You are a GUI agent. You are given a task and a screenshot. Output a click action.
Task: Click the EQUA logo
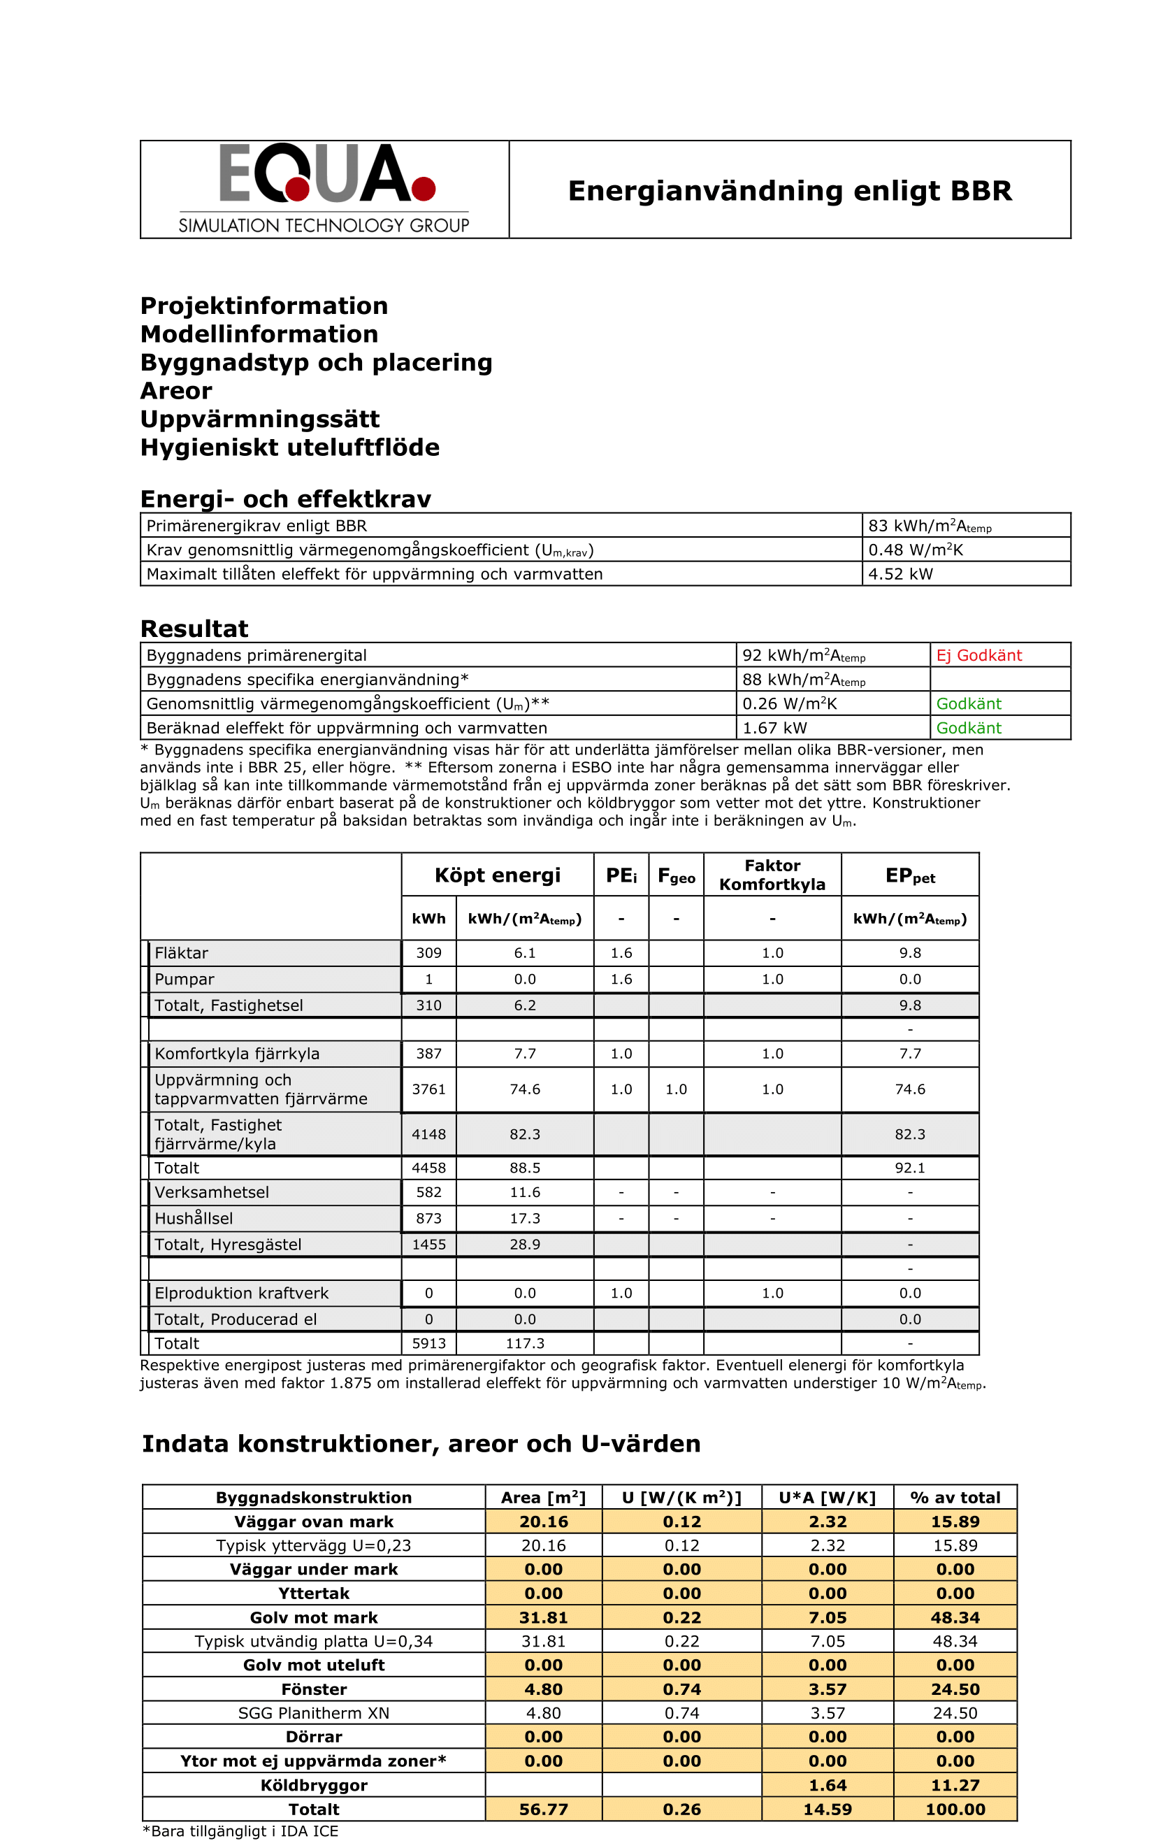click(325, 188)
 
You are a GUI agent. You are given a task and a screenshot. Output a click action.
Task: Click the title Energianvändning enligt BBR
click(790, 190)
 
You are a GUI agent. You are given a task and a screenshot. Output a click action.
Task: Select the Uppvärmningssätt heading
click(260, 419)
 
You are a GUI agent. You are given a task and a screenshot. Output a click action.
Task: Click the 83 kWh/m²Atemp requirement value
click(930, 527)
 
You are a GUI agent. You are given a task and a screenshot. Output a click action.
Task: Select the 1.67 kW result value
click(774, 728)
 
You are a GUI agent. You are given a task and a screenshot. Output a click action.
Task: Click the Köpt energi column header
click(497, 875)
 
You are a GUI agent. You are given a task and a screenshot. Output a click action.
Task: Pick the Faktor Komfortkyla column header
click(772, 875)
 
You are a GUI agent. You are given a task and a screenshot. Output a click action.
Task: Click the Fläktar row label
click(182, 953)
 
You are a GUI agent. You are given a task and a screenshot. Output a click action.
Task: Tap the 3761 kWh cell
click(429, 1089)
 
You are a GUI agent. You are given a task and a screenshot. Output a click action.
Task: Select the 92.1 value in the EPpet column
click(910, 1168)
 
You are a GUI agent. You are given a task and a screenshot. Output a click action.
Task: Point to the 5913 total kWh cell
click(429, 1343)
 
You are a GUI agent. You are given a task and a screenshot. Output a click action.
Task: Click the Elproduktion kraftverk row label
click(242, 1293)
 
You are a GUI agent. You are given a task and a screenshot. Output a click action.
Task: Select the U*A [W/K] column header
click(828, 1498)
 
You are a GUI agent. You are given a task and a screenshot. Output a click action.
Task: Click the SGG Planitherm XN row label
click(314, 1713)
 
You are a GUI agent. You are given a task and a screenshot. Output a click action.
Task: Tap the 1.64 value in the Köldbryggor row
click(828, 1785)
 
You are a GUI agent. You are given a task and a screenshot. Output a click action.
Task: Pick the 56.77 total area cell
click(544, 1809)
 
